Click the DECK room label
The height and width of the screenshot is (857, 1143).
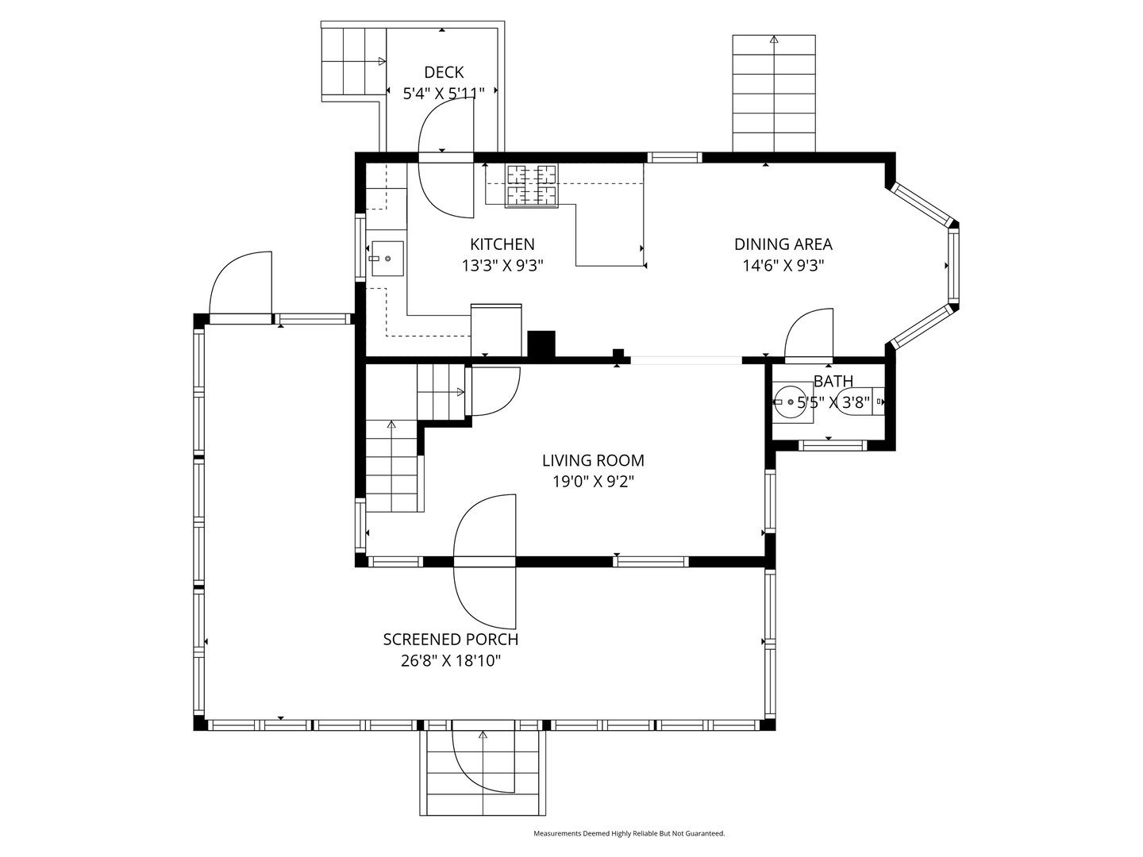click(444, 72)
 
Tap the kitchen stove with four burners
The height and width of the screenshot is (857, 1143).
click(532, 185)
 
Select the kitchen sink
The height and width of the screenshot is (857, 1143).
click(387, 259)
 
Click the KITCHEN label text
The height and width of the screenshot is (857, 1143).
click(502, 244)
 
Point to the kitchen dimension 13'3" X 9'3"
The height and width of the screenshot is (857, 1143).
click(502, 265)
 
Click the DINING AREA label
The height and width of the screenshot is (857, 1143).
click(783, 244)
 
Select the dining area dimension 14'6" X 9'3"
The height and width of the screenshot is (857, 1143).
click(783, 265)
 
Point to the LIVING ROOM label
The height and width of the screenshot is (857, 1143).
click(593, 460)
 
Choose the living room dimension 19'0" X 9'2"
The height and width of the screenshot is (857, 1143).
click(593, 481)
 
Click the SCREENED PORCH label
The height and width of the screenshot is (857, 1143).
click(450, 640)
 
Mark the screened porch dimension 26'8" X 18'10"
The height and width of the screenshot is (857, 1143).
click(450, 660)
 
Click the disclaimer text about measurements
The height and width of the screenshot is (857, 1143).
click(629, 834)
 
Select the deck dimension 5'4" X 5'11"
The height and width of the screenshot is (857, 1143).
click(444, 94)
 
